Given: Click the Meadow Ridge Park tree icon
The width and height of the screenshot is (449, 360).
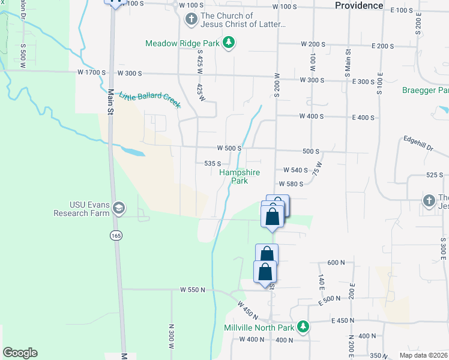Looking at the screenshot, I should (228, 43).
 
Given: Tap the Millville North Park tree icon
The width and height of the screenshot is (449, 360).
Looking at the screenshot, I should (304, 327).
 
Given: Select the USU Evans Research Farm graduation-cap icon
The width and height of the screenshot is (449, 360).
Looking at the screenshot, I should (118, 208).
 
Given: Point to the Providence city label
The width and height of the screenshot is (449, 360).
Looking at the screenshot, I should (359, 5).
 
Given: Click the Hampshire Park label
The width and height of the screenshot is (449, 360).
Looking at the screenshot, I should (240, 176).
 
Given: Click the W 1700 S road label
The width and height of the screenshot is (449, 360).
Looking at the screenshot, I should (91, 73).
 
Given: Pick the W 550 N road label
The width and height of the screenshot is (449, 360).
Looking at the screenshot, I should (193, 290).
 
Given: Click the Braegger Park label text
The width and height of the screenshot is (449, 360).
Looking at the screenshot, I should (425, 91).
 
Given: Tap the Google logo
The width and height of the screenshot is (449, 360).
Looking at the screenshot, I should (20, 353).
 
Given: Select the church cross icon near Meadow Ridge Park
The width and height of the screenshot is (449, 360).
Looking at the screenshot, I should (191, 20).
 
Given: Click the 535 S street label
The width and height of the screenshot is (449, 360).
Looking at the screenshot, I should (212, 163).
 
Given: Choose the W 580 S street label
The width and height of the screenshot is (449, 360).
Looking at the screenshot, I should (291, 184).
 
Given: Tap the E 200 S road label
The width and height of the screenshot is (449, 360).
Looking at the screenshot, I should (382, 46).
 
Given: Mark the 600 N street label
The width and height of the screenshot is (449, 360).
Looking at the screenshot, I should (336, 263).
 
